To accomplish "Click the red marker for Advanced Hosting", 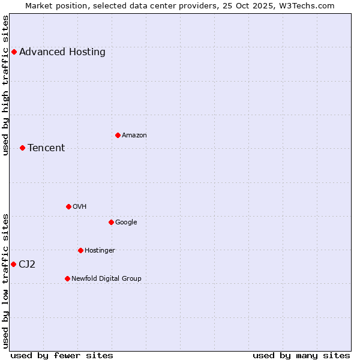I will [x=14, y=52].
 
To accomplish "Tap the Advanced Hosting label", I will [x=62, y=52].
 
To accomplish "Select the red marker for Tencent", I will [x=22, y=148].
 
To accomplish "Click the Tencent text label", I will [x=46, y=148].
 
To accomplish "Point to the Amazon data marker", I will [x=118, y=135].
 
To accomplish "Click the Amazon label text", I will [x=134, y=136].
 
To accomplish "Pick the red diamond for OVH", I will [x=68, y=206].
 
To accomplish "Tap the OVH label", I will [x=80, y=207].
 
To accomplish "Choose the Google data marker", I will [x=111, y=222].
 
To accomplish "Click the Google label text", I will [x=126, y=223].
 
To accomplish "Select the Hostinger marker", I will [x=80, y=250].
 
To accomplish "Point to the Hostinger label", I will [x=100, y=251].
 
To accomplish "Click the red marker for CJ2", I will [x=13, y=264].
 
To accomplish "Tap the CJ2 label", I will [x=27, y=265].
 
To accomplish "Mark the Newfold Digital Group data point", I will [x=67, y=278].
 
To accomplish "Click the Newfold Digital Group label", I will [x=106, y=279].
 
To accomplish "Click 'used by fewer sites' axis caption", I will [x=62, y=356].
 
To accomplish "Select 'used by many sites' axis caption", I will [x=301, y=356].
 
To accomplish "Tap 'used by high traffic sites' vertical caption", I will [x=6, y=85].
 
